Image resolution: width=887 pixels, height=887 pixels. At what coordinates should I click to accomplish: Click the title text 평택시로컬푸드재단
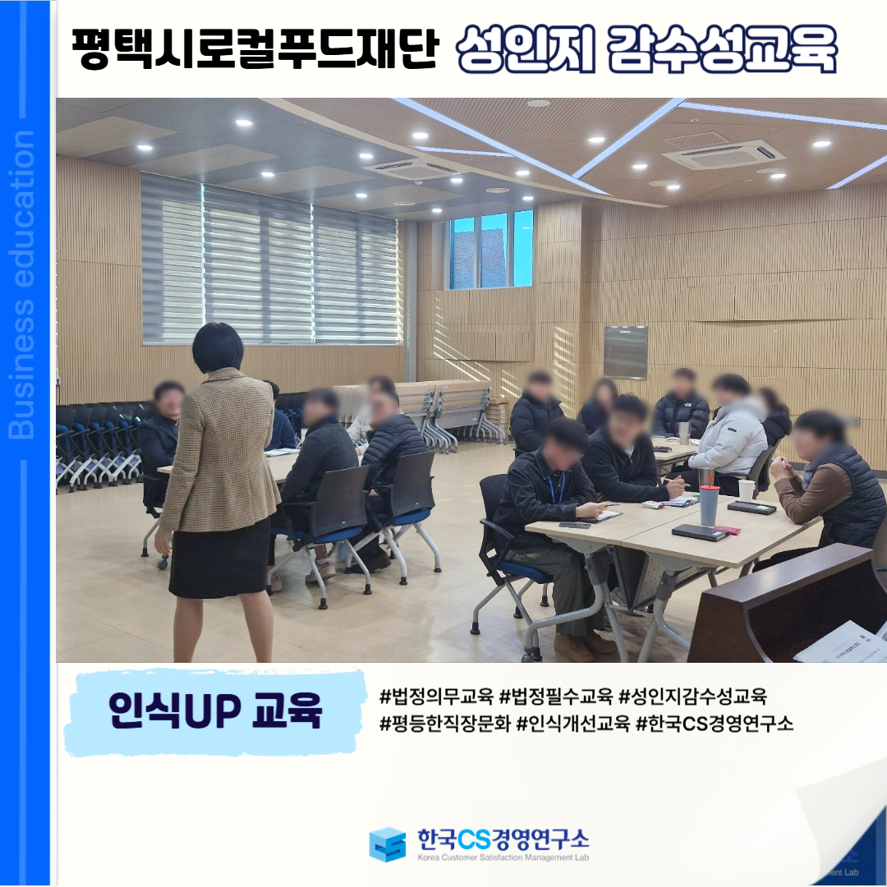[255, 48]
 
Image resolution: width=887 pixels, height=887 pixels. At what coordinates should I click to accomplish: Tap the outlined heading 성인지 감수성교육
[646, 49]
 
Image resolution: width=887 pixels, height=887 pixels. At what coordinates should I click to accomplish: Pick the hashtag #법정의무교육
[436, 696]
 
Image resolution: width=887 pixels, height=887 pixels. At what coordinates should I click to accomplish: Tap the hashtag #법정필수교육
[556, 696]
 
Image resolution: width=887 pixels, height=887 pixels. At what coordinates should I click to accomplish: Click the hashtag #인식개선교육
[573, 723]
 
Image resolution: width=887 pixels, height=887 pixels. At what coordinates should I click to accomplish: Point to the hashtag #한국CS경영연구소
[715, 723]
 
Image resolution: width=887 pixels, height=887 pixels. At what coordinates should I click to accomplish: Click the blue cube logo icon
[388, 844]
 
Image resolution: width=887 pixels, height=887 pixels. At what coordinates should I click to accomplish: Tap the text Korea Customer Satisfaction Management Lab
[503, 857]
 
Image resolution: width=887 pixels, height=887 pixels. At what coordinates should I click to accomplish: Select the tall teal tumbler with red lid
[709, 504]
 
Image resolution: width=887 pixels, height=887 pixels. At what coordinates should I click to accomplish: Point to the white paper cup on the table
[746, 489]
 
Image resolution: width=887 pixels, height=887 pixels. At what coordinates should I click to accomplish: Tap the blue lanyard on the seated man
[557, 487]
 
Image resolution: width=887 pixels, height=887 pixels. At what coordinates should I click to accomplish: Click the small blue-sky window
[490, 250]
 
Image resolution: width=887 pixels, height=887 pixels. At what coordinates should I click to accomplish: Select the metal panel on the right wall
[626, 352]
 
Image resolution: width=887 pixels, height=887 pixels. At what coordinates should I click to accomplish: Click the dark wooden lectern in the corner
[786, 605]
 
